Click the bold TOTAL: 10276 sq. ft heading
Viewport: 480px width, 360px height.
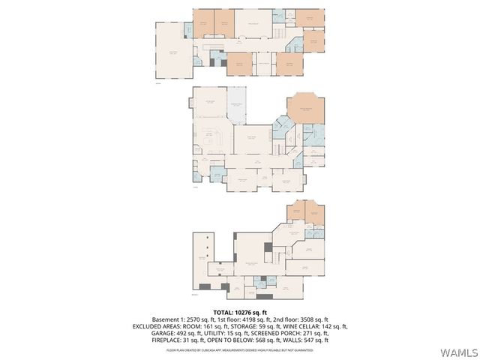click(x=240, y=311)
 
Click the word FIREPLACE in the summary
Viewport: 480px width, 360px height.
click(x=167, y=340)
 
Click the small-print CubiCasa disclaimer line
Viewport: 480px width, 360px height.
click(x=240, y=349)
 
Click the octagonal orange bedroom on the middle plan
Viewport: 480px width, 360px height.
click(x=305, y=109)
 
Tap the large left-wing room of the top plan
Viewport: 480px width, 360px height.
click(x=172, y=52)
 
